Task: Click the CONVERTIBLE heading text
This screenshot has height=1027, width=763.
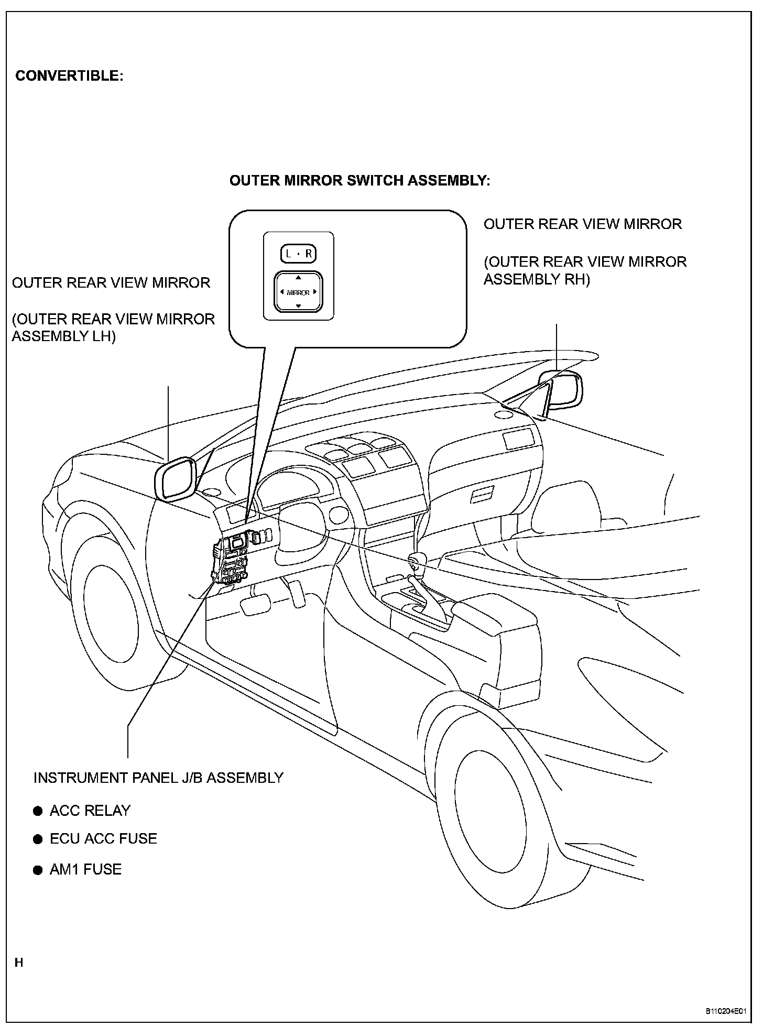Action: point(69,76)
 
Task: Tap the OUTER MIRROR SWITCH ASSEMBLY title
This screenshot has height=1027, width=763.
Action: point(360,181)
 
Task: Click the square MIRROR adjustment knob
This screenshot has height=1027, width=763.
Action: point(298,292)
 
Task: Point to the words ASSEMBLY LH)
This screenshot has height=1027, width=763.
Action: point(63,336)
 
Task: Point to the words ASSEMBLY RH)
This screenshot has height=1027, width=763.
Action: point(537,279)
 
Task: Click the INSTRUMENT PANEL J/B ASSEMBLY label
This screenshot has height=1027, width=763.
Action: point(158,778)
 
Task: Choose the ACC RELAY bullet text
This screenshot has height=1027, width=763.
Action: point(90,811)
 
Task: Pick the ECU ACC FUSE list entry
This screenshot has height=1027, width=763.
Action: point(103,839)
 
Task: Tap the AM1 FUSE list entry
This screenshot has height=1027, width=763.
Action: point(85,869)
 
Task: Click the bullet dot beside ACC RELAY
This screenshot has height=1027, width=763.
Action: point(38,812)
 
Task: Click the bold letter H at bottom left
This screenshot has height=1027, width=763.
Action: point(19,963)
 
